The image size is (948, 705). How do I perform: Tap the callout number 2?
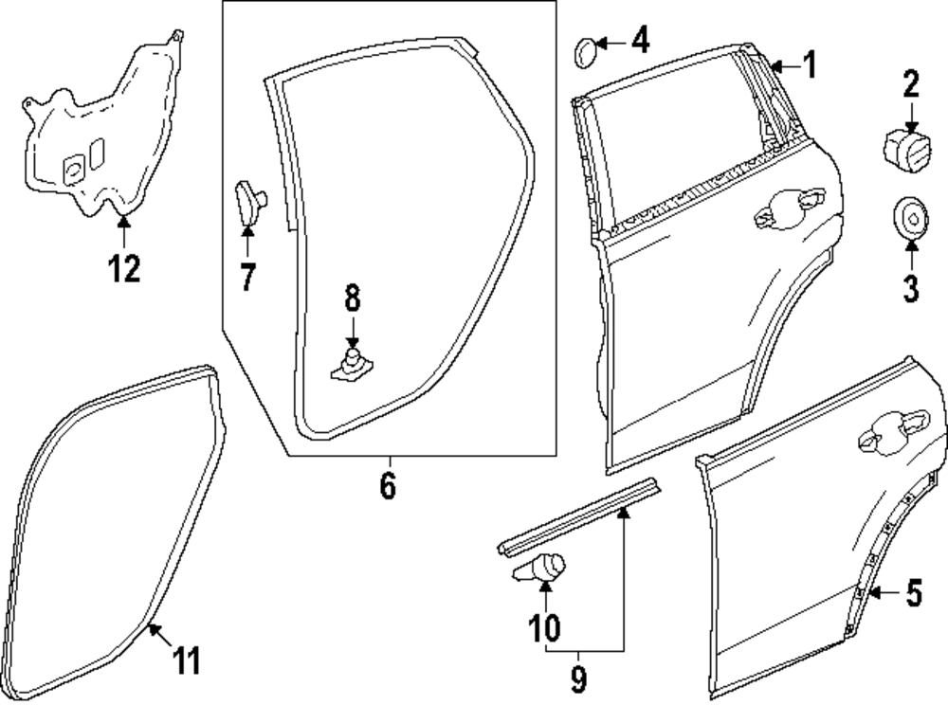pyautogui.click(x=910, y=85)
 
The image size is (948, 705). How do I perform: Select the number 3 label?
pyautogui.click(x=910, y=287)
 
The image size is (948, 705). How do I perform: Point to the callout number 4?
pyautogui.click(x=641, y=42)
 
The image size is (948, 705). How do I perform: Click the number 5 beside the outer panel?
pyautogui.click(x=913, y=594)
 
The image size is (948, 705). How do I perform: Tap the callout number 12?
pyautogui.click(x=123, y=268)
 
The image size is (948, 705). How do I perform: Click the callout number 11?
pyautogui.click(x=188, y=660)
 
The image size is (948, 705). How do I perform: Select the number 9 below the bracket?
pyautogui.click(x=579, y=678)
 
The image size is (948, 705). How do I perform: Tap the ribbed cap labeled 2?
pyautogui.click(x=904, y=150)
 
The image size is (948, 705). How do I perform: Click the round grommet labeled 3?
pyautogui.click(x=910, y=217)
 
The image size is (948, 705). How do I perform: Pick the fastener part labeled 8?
pyautogui.click(x=351, y=366)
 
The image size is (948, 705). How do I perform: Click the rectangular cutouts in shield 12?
pyautogui.click(x=83, y=158)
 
